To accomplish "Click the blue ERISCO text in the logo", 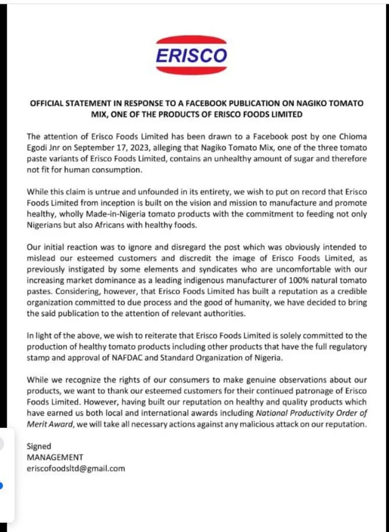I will point(191,55).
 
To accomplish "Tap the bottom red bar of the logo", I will point(191,71).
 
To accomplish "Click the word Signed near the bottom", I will point(40,446).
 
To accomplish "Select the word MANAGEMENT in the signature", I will point(55,457).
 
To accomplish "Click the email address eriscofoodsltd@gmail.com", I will point(75,468).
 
